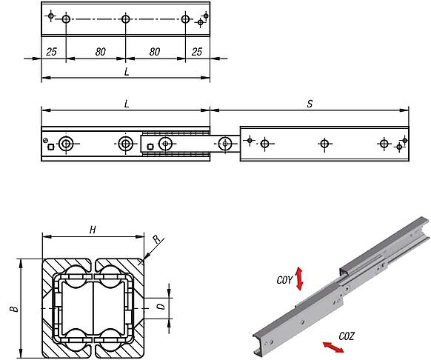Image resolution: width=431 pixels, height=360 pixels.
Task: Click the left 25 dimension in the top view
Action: click(52, 52)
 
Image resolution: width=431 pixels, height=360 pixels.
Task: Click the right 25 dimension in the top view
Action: click(196, 52)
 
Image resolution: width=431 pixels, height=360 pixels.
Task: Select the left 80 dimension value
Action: click(96, 52)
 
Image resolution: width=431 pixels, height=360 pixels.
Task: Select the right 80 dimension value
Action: click(155, 52)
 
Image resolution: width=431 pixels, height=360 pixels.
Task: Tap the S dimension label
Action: click(309, 104)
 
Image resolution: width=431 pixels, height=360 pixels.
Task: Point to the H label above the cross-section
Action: click(93, 230)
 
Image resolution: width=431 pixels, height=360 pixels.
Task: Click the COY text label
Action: click(284, 280)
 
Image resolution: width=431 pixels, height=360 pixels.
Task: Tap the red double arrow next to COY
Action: click(300, 279)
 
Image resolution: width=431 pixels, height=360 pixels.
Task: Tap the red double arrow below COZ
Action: click(331, 346)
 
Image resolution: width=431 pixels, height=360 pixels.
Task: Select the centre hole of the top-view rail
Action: click(125, 19)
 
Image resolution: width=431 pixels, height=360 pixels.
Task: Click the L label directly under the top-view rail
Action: click(127, 72)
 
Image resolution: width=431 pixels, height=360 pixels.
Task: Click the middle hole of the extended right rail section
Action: click(324, 143)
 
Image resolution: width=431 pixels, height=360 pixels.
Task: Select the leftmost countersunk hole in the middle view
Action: click(67, 143)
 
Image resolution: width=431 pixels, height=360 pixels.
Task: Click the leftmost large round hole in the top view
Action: click(67, 19)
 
